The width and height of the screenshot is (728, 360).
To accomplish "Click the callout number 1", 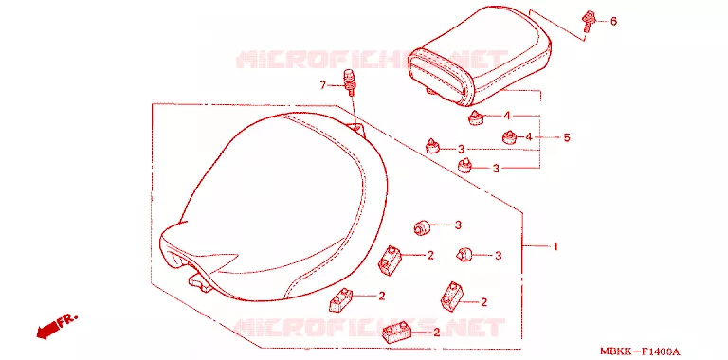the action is click(x=555, y=246).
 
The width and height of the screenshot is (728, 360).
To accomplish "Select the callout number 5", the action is click(x=567, y=137).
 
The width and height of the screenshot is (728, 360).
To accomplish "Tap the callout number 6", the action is click(x=613, y=21).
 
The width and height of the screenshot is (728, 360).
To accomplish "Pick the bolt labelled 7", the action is click(x=350, y=82).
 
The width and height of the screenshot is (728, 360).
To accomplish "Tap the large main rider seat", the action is click(x=273, y=205).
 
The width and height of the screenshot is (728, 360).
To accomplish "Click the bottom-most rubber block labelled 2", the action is click(x=397, y=333).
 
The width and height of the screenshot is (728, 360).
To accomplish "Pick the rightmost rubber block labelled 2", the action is click(x=452, y=297).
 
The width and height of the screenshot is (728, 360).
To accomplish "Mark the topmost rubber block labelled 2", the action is click(x=390, y=259).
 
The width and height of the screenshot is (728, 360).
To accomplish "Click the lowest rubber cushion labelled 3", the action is click(x=464, y=254).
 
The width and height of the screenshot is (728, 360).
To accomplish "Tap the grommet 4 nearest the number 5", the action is click(x=510, y=137).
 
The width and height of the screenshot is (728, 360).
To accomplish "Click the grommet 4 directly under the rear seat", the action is click(x=475, y=117).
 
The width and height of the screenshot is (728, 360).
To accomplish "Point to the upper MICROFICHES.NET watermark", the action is click(x=372, y=60).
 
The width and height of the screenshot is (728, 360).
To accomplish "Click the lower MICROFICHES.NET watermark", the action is click(x=369, y=327).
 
